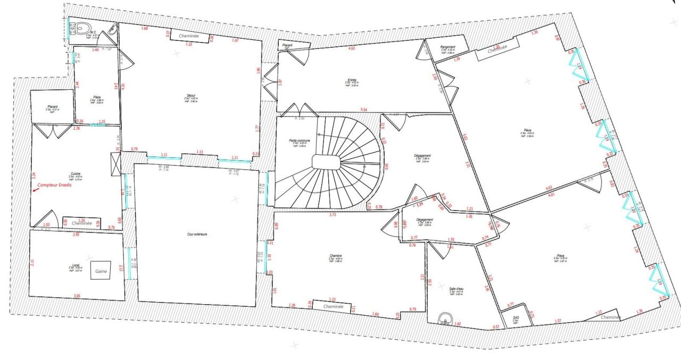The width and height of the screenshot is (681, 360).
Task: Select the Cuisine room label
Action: pos(76,174)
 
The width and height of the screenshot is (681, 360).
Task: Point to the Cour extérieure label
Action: pos(197,235)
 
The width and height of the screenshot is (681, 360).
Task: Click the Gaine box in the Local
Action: pos(101,271)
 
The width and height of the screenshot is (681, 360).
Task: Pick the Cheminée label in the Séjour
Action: pos(189,36)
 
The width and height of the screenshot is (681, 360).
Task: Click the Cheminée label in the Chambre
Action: pos(333,307)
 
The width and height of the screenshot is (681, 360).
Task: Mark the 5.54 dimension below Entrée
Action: pos(364,110)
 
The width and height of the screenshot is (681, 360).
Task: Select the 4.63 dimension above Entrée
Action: pos(352,48)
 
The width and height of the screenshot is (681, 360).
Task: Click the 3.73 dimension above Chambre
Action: pos(333,215)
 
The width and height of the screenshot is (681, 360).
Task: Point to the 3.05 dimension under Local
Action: pos(77,296)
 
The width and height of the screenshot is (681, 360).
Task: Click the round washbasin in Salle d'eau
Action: pos(445,320)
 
